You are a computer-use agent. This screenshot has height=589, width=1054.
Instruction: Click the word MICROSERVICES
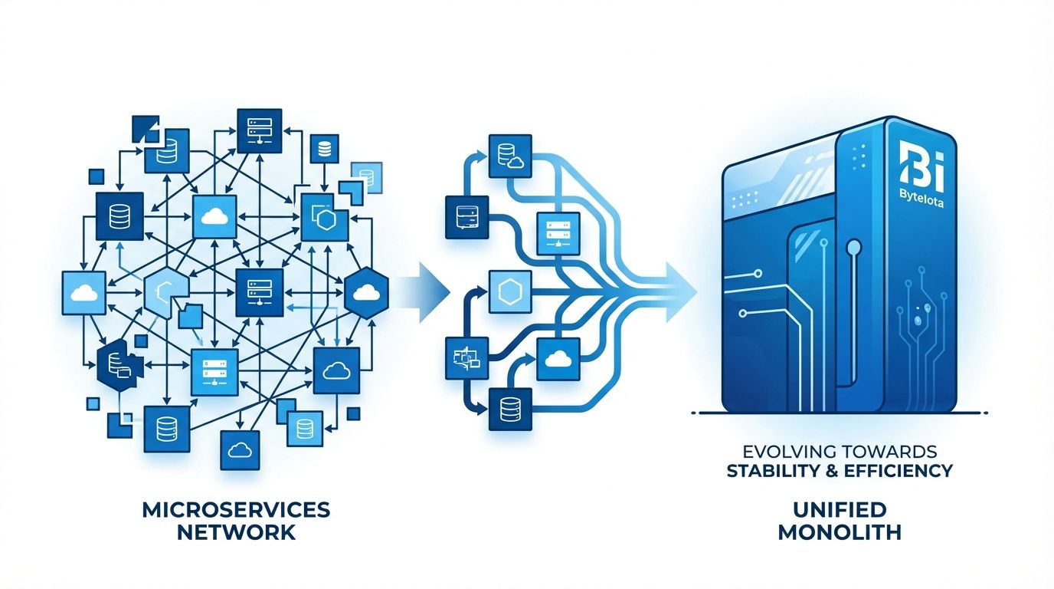coord(236,510)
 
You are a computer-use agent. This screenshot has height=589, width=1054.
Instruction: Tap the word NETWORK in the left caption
coord(236,532)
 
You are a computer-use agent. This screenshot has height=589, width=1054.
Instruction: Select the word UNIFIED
coord(840,510)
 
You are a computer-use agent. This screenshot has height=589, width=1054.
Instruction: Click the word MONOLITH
coord(840,532)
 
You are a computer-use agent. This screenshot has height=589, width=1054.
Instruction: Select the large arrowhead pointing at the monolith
coord(681,293)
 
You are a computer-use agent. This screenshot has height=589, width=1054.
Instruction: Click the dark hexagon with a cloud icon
coord(367,293)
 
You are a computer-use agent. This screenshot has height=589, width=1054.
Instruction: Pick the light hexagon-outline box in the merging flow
coord(510,291)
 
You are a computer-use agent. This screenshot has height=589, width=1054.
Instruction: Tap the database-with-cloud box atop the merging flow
coord(510,156)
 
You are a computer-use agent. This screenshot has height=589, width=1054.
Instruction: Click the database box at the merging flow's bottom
coord(510,410)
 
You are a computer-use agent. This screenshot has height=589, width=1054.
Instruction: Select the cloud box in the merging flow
coord(558,359)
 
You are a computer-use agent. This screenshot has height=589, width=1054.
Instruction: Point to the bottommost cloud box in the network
coord(240,450)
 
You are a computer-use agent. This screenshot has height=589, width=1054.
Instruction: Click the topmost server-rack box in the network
coord(259,130)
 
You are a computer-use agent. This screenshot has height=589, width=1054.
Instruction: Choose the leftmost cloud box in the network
coord(83,293)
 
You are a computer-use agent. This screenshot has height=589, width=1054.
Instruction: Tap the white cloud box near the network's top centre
coord(214,216)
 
